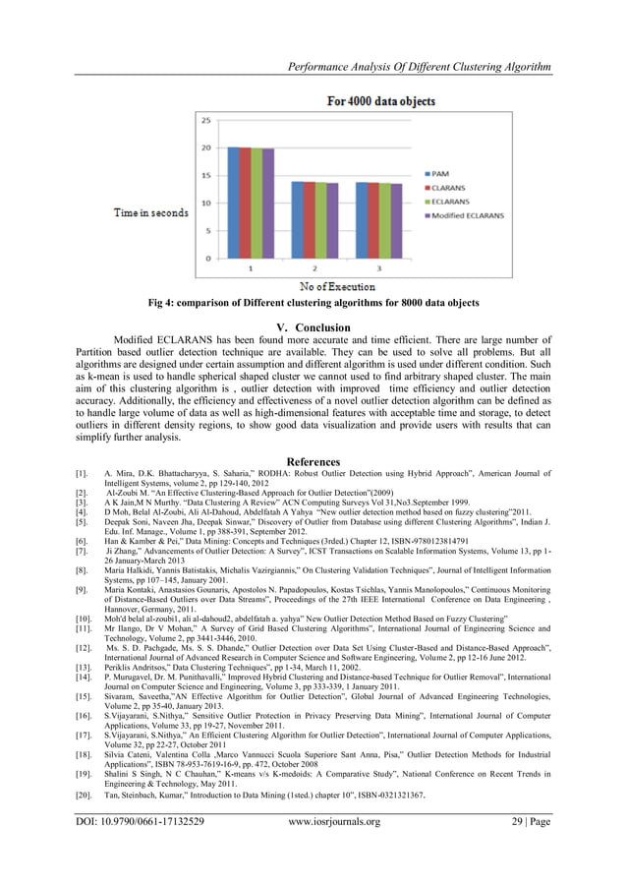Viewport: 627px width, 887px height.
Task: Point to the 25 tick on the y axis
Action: pos(205,121)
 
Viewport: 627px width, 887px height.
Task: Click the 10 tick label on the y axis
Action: pos(205,204)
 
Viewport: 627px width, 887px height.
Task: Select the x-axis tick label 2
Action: pos(313,267)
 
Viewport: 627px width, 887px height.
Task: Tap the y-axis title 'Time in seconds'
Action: pos(151,212)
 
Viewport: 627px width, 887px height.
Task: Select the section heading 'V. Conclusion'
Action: pos(313,327)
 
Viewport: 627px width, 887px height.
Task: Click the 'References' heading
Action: pos(313,462)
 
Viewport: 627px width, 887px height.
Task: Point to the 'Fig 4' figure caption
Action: pos(313,304)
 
